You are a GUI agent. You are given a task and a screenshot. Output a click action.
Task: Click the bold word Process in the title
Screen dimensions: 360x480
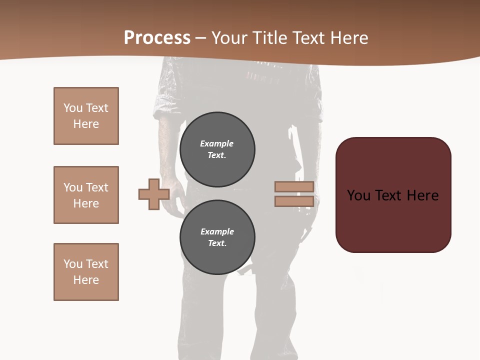(x=157, y=38)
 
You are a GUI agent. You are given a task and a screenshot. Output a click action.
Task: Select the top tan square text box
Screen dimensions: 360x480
(x=86, y=116)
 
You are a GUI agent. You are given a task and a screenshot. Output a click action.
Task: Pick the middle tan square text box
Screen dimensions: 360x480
(x=86, y=195)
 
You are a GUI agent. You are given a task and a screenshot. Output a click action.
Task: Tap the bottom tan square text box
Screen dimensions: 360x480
(x=86, y=272)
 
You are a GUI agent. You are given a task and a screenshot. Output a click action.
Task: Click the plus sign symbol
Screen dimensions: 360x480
(x=154, y=194)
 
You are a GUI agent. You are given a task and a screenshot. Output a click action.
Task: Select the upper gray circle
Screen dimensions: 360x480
(x=217, y=149)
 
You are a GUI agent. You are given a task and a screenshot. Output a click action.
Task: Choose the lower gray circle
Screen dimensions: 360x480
(x=217, y=237)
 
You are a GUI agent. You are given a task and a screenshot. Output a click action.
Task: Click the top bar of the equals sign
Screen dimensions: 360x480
(x=294, y=187)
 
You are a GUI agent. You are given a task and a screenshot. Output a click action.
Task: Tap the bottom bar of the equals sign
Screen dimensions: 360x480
(x=294, y=201)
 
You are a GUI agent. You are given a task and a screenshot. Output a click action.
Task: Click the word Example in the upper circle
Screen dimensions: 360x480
(x=216, y=143)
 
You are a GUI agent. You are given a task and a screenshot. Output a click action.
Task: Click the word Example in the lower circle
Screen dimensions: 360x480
(x=217, y=231)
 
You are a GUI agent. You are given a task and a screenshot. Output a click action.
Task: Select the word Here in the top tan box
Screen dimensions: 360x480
(x=86, y=124)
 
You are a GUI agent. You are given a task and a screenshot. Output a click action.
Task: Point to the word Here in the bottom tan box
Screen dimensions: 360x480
(x=86, y=280)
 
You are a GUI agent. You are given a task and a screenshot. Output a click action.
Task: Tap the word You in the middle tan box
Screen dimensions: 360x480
(x=72, y=187)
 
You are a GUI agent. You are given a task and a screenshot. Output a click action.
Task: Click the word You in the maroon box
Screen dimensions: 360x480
(x=358, y=195)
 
